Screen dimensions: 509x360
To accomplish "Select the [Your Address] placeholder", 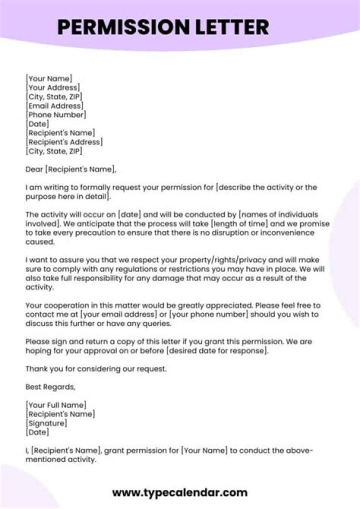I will point(52,87).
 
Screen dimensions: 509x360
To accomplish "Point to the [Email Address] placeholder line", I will point(54,105).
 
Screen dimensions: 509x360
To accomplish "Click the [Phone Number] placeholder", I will point(56,114).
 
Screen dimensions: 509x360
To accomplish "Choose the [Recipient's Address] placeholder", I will point(64,142).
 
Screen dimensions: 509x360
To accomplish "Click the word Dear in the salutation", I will point(34,169).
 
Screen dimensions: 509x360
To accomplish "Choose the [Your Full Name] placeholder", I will point(55,405).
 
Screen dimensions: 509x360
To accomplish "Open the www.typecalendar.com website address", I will point(180,492).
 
